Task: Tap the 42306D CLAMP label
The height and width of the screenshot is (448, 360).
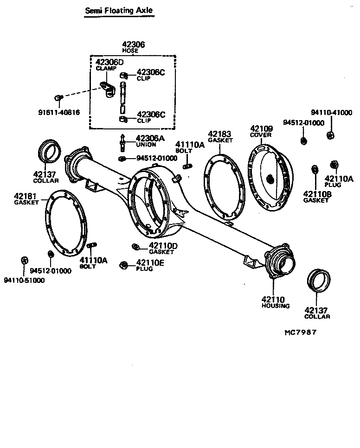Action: tap(109, 64)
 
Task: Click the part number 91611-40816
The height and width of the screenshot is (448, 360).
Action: tap(59, 112)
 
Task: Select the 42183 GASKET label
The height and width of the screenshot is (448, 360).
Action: tap(220, 136)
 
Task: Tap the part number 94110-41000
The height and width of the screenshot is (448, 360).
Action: tap(331, 112)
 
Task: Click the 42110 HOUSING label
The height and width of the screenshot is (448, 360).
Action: tap(275, 302)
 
